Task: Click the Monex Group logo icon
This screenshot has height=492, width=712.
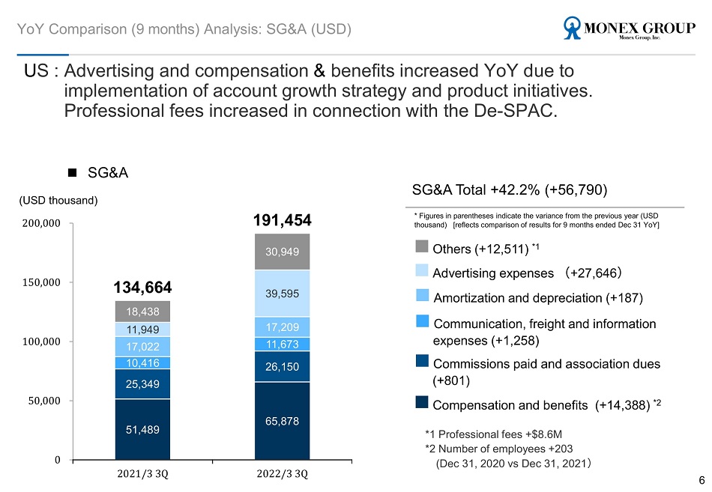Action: point(572,28)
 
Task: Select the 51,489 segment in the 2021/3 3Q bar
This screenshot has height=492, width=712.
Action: point(142,429)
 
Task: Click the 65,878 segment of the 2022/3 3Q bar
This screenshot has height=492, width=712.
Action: point(282,421)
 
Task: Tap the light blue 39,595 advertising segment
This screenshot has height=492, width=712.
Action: point(282,294)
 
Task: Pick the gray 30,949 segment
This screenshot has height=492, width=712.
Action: point(282,252)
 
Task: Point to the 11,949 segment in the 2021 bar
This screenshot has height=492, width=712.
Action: point(142,329)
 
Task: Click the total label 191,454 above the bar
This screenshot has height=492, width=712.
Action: point(282,220)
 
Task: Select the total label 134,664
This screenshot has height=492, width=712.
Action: point(142,288)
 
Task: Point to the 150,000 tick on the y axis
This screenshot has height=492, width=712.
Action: point(41,282)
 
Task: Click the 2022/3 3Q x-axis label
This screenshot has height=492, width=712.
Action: point(282,474)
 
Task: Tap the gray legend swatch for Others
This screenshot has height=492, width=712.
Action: point(422,246)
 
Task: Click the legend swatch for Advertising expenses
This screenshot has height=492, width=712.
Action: point(422,270)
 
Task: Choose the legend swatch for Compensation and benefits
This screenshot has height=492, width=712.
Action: point(422,402)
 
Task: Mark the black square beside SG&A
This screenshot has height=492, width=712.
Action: point(72,172)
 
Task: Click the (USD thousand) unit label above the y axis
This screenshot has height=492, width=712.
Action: point(58,201)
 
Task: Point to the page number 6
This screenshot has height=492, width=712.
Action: point(702,480)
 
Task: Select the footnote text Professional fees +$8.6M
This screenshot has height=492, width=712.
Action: point(500,434)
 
